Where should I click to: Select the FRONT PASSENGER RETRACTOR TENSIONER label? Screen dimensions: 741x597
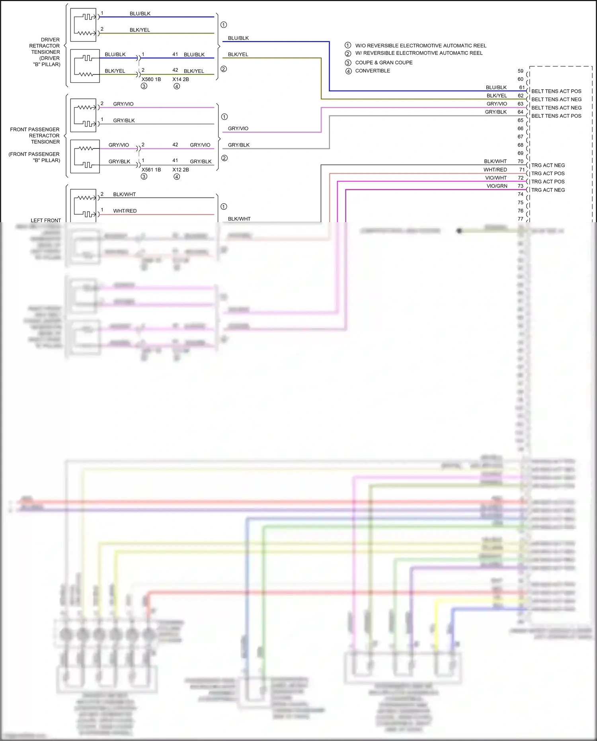pyautogui.click(x=35, y=136)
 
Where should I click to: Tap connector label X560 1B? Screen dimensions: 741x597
pyautogui.click(x=151, y=79)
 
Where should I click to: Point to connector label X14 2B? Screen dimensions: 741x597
pyautogui.click(x=181, y=79)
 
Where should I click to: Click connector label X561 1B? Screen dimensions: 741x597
pyautogui.click(x=151, y=170)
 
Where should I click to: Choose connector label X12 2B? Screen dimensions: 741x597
pyautogui.click(x=181, y=170)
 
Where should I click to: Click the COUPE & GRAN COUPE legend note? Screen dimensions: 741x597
pyautogui.click(x=384, y=63)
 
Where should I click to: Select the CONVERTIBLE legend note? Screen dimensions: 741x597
pyautogui.click(x=373, y=71)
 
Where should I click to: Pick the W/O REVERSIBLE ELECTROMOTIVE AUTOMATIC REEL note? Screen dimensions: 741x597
pyautogui.click(x=421, y=46)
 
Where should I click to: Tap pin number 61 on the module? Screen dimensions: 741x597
pyautogui.click(x=522, y=88)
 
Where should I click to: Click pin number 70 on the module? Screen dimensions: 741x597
pyautogui.click(x=521, y=161)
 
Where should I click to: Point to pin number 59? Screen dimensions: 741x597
pyautogui.click(x=521, y=71)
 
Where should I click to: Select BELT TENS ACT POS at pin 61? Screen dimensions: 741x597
pyautogui.click(x=556, y=91)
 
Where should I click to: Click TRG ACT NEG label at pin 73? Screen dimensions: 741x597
pyautogui.click(x=548, y=190)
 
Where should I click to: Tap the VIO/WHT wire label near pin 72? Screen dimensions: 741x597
pyautogui.click(x=496, y=178)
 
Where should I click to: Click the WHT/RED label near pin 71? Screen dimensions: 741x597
pyautogui.click(x=495, y=170)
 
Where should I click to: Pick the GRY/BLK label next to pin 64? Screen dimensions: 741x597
pyautogui.click(x=496, y=112)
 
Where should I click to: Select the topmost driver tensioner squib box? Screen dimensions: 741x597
pyautogui.click(x=83, y=25)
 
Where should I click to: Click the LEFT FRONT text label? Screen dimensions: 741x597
pyautogui.click(x=46, y=220)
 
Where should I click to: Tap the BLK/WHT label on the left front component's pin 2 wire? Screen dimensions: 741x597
pyautogui.click(x=124, y=194)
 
